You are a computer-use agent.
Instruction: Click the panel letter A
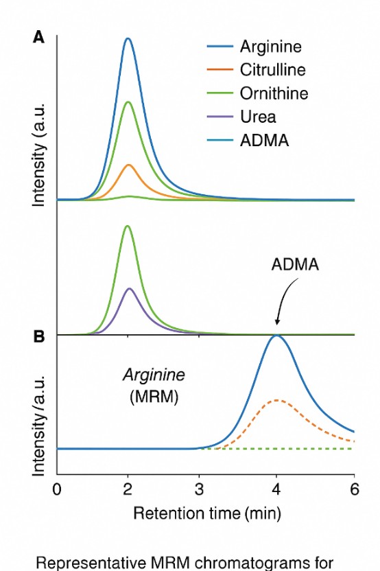(x=39, y=38)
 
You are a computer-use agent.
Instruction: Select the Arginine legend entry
(x=270, y=47)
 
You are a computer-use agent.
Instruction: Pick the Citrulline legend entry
(x=272, y=70)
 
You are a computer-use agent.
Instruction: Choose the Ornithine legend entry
(x=274, y=93)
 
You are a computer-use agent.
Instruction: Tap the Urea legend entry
(x=258, y=117)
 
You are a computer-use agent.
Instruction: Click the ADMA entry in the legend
(x=264, y=141)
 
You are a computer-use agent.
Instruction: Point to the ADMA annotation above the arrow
(x=294, y=265)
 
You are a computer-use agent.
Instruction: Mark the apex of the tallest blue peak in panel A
(x=128, y=38)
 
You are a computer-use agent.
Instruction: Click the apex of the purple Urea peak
(x=128, y=288)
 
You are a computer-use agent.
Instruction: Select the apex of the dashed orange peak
(x=276, y=399)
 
